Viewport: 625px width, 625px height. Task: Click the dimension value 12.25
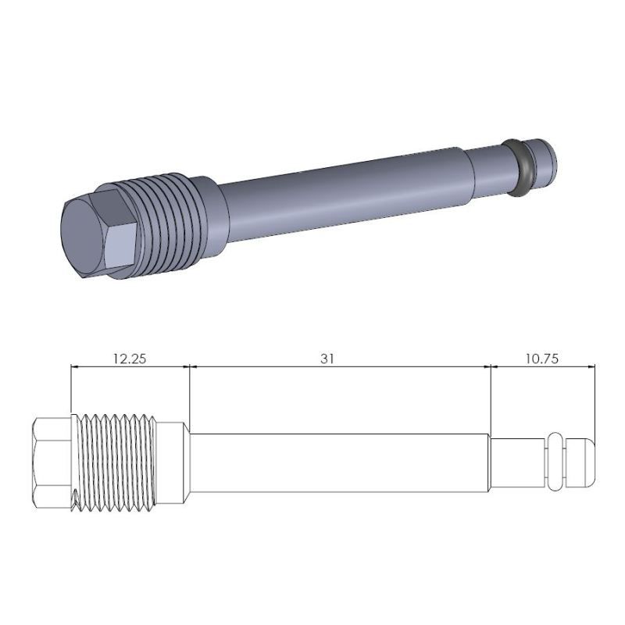point(130,359)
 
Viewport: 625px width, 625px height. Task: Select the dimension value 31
point(327,359)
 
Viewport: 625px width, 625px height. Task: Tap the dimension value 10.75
point(542,359)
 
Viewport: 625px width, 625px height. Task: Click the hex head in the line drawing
point(52,464)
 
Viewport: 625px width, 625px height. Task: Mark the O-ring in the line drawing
point(555,462)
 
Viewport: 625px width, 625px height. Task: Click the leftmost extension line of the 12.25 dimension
point(71,391)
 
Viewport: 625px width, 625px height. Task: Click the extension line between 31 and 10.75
point(491,398)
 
